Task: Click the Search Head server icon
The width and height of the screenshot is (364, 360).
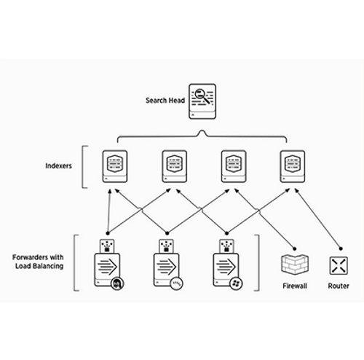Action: (x=202, y=101)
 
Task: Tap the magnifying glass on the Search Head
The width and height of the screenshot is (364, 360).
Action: (x=202, y=95)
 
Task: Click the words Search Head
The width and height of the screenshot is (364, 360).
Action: (x=165, y=101)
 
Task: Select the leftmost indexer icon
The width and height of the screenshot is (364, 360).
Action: (x=115, y=166)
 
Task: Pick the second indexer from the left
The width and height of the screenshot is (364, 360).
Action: (x=174, y=166)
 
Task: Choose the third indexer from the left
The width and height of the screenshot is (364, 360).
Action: (x=234, y=166)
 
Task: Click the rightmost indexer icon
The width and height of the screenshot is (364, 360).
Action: (x=293, y=166)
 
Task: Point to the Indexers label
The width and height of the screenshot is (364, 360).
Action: (x=58, y=166)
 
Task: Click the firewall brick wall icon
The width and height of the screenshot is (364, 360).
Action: (x=295, y=265)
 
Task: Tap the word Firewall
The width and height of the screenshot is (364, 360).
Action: (x=295, y=286)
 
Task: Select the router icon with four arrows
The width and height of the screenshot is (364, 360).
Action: (x=339, y=265)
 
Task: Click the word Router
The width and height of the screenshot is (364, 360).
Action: (x=339, y=286)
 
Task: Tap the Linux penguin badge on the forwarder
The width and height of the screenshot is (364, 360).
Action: (x=117, y=283)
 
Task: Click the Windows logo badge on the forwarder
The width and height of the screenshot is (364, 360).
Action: (x=236, y=283)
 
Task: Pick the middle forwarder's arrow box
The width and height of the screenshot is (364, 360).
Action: (x=166, y=270)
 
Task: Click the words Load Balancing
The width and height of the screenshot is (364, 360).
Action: (x=39, y=266)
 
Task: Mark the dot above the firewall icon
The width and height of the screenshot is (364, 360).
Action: (x=295, y=249)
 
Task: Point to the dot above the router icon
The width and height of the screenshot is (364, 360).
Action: (x=341, y=249)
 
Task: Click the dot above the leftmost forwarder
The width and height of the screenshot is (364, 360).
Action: (x=108, y=233)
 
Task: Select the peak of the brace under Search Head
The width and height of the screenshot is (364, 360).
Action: (x=202, y=130)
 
